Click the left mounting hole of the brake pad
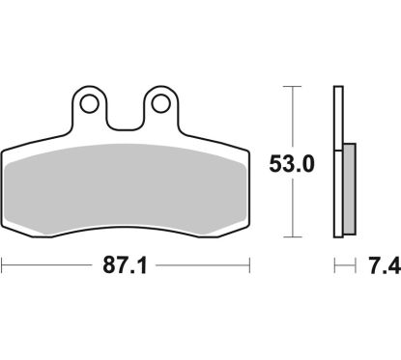(90, 102)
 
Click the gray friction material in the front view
(126, 183)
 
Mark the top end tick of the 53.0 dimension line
(292, 86)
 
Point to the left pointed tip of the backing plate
(4, 152)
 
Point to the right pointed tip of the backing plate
(250, 152)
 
